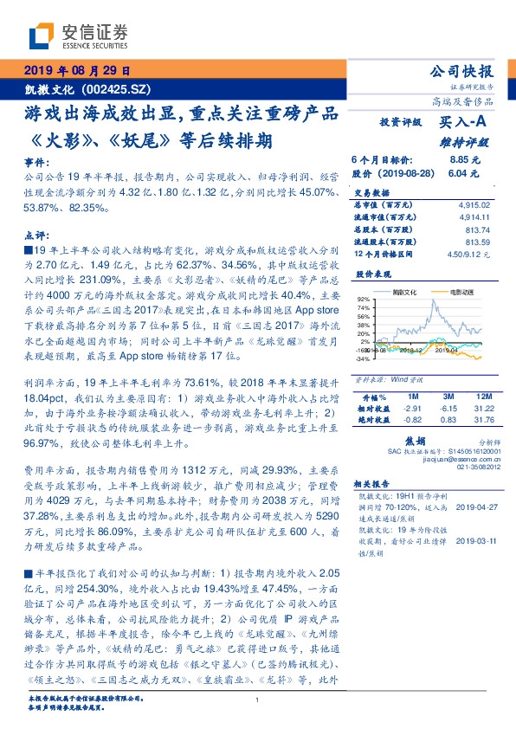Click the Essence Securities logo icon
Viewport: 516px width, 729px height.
[x=41, y=35]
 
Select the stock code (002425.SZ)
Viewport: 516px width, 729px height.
[x=118, y=89]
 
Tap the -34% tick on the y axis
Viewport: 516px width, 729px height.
[x=363, y=358]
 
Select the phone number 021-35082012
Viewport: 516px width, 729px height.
[x=472, y=468]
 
